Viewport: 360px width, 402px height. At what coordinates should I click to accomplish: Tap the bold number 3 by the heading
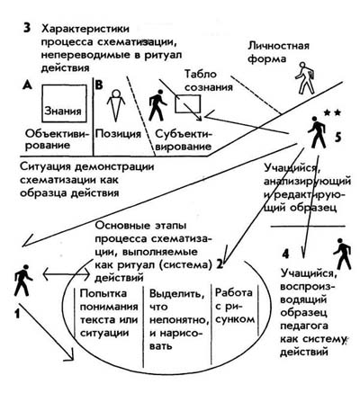click(27, 29)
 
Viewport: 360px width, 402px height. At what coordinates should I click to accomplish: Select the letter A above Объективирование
click(27, 85)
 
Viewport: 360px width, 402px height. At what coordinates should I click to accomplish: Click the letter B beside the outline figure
click(99, 85)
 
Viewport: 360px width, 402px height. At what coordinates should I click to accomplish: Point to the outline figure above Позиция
click(115, 104)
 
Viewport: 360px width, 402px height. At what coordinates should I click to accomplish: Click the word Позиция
click(118, 134)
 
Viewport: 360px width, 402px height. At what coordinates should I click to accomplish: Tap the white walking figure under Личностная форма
click(305, 78)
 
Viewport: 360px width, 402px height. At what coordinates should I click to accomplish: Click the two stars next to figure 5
click(332, 113)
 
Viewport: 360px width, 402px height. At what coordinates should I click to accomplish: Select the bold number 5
click(338, 137)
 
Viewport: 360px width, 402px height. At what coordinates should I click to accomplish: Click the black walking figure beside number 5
click(317, 132)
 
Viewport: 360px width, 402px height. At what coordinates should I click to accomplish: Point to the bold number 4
click(286, 254)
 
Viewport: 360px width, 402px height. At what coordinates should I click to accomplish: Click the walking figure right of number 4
click(342, 254)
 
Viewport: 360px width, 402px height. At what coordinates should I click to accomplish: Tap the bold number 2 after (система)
click(220, 264)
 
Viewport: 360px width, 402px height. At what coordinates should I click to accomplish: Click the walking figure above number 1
click(23, 280)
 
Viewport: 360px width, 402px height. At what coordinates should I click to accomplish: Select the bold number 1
click(17, 313)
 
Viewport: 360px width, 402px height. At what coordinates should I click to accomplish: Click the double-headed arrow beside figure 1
click(67, 274)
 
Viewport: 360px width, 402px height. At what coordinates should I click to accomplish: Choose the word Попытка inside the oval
click(103, 293)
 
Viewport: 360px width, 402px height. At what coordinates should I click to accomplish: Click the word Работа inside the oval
click(234, 292)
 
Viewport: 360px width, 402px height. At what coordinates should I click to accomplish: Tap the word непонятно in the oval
click(179, 320)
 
